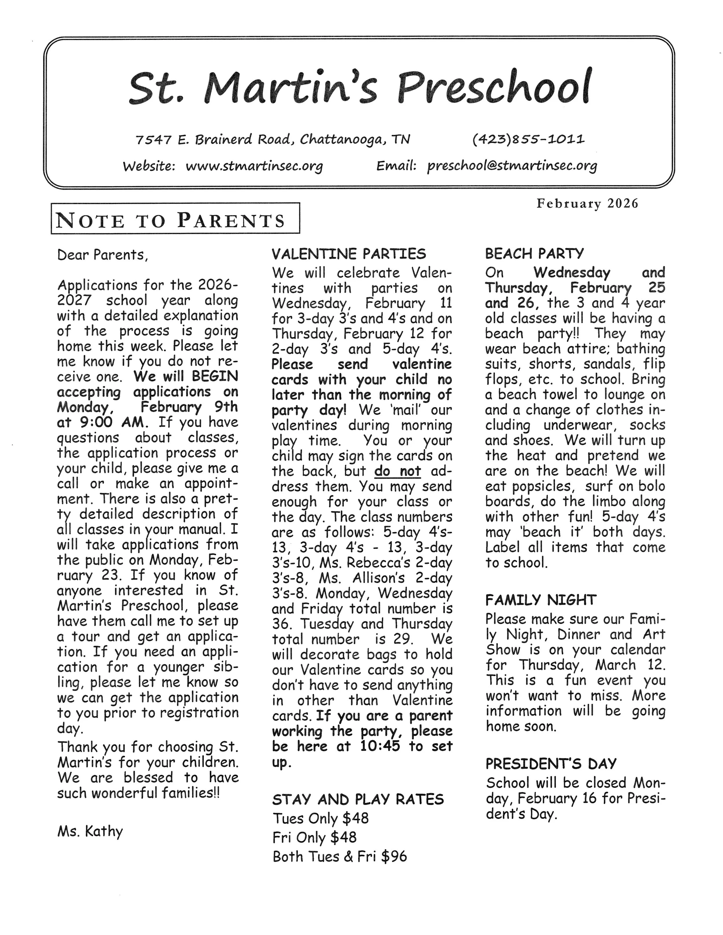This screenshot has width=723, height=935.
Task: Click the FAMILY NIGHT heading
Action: coord(541,600)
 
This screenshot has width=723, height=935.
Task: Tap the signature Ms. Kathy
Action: coord(90,831)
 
